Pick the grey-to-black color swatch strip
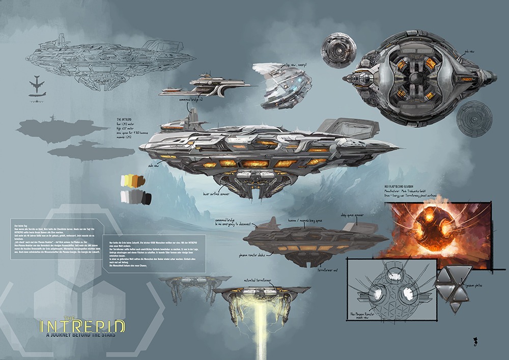point(134,197)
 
